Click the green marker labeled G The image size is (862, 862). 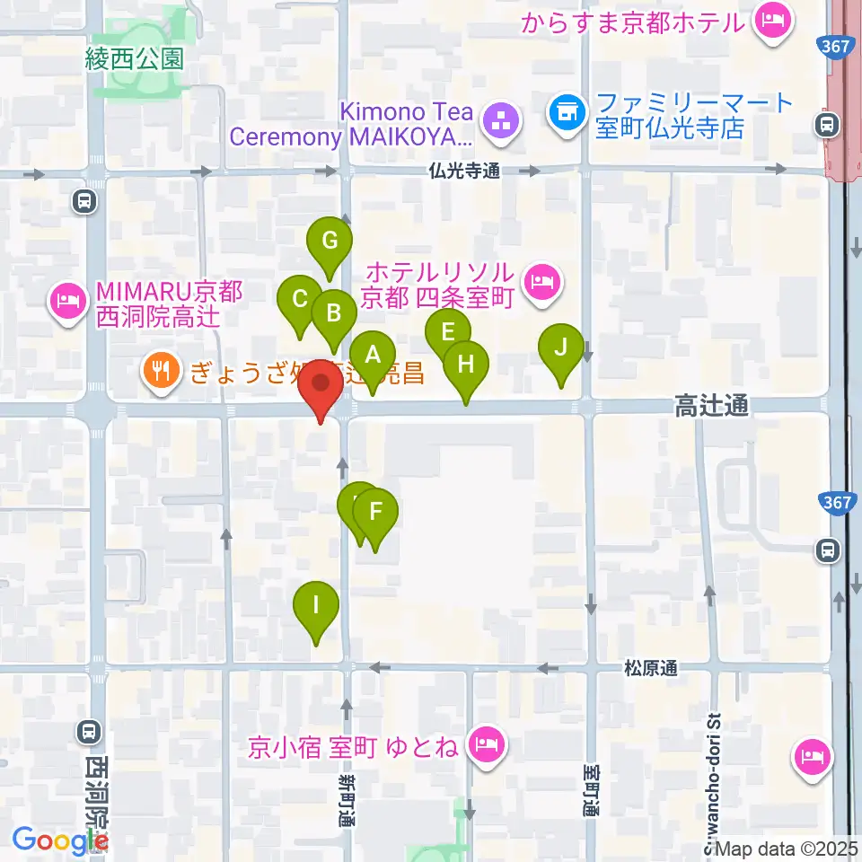click(x=330, y=240)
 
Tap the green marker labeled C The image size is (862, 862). click(x=300, y=299)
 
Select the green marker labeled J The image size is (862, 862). click(x=561, y=346)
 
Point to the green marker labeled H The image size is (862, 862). click(x=465, y=365)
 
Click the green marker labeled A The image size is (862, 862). click(x=372, y=354)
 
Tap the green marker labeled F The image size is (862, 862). click(x=375, y=512)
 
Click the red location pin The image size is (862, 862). click(x=321, y=386)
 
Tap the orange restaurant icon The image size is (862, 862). click(x=161, y=371)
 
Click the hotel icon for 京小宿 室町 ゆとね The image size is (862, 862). click(x=488, y=744)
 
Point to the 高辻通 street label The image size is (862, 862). click(x=711, y=408)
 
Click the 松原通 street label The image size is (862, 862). click(x=651, y=668)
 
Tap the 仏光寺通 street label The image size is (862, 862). click(x=464, y=170)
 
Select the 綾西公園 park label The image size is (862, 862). click(x=135, y=59)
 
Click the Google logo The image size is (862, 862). click(x=59, y=840)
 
